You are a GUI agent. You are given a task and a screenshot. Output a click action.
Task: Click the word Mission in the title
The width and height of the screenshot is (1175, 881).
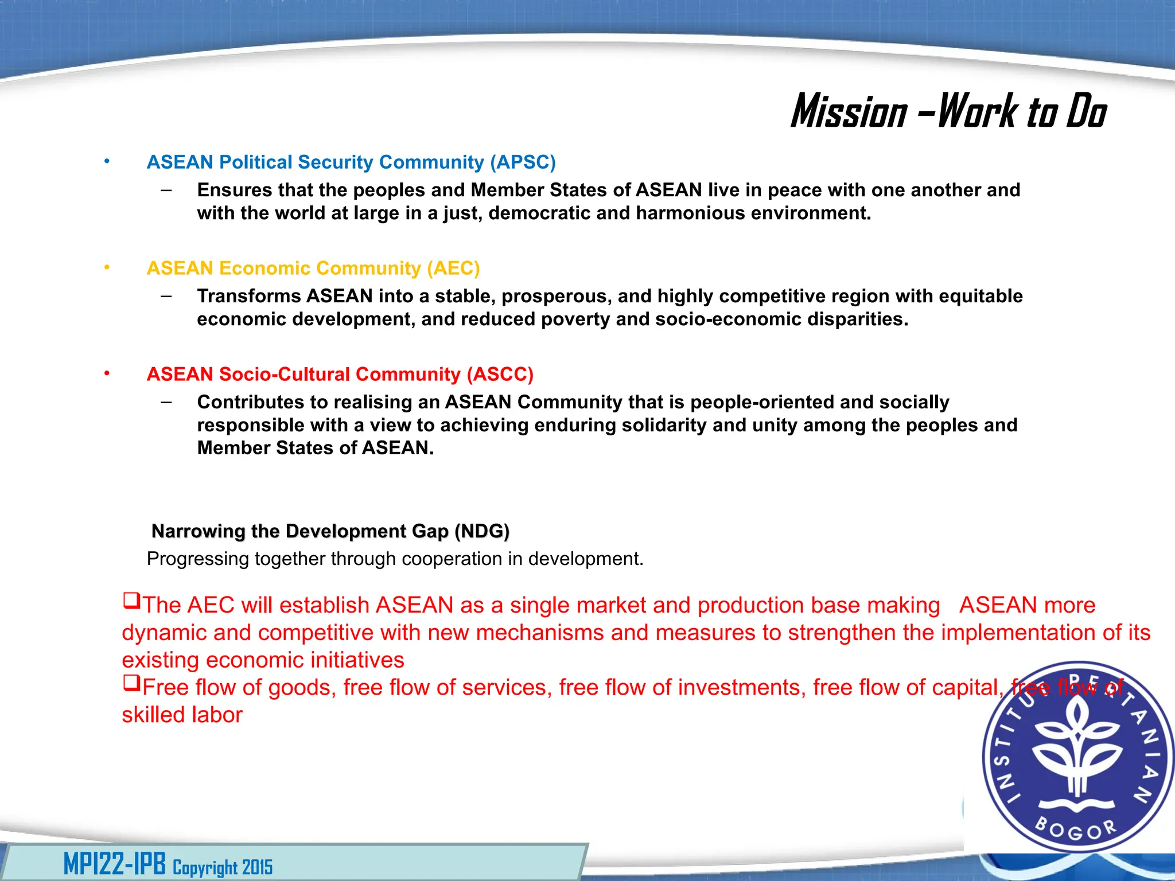[x=849, y=111]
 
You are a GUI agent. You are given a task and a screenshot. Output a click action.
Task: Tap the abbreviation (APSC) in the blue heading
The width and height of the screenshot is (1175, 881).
[x=523, y=162]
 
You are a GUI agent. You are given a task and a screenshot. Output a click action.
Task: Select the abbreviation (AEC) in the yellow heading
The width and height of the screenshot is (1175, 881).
[x=453, y=268]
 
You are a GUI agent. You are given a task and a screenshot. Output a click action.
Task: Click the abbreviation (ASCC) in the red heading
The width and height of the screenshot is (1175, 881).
[x=500, y=375]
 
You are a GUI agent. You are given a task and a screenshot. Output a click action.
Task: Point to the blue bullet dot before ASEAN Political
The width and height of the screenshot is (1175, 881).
[x=107, y=162]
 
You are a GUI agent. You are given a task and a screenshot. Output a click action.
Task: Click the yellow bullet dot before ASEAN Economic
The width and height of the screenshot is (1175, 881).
[x=107, y=267]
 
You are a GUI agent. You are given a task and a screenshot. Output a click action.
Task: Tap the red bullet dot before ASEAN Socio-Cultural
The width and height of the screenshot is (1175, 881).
[x=107, y=373]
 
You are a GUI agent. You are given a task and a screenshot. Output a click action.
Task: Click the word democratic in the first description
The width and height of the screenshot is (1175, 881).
[x=539, y=213]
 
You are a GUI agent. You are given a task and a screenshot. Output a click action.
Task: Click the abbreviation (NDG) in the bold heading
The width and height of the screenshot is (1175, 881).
[x=481, y=531]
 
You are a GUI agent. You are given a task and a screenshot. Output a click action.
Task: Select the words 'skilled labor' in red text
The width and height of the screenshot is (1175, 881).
[x=182, y=715]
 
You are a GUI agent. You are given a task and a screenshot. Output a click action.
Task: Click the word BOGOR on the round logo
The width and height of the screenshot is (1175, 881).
[x=1076, y=829]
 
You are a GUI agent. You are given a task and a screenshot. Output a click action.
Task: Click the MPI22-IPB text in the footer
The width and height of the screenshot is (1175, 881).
[x=114, y=864]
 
